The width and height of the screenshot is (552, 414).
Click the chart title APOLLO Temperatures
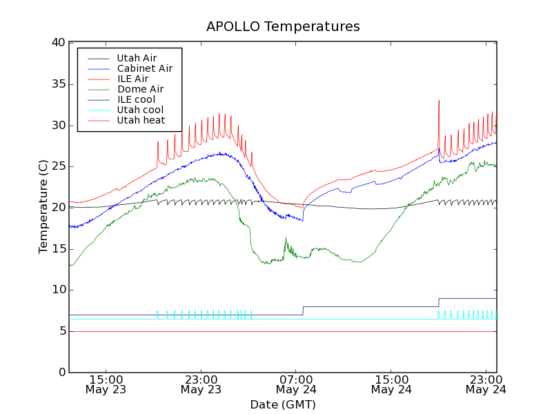(x=283, y=27)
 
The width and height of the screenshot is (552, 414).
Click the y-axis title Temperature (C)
(x=43, y=206)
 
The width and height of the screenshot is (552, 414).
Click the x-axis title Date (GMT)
(x=283, y=404)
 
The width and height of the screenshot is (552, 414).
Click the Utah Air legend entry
(x=137, y=58)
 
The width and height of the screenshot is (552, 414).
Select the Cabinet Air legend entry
(x=144, y=68)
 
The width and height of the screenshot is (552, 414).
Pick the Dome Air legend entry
(x=140, y=89)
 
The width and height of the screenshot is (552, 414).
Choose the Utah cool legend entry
(x=140, y=110)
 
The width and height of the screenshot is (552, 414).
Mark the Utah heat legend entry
(x=141, y=120)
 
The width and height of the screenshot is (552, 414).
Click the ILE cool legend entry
(x=136, y=99)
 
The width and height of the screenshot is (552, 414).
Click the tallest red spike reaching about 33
(x=439, y=101)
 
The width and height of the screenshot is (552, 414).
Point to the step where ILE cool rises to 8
(x=303, y=310)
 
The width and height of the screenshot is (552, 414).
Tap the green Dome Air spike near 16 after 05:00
(x=286, y=238)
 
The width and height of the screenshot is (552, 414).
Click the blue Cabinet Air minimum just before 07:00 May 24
(x=302, y=220)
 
